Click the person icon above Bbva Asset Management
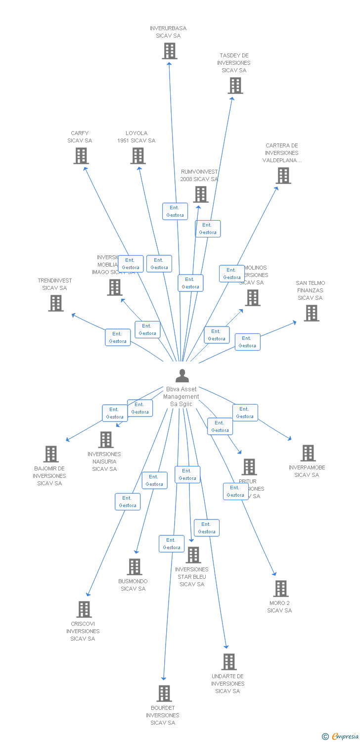click(x=182, y=376)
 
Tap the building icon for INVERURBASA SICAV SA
click(x=170, y=51)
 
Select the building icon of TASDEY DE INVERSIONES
click(x=235, y=86)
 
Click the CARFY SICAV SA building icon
click(x=81, y=156)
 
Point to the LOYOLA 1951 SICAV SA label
click(x=136, y=137)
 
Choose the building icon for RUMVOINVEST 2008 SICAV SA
click(x=201, y=194)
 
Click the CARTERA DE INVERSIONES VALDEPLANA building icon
click(x=283, y=176)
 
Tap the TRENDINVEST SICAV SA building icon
click(x=56, y=303)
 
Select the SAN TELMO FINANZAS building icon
click(x=311, y=313)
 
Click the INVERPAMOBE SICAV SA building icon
click(x=308, y=453)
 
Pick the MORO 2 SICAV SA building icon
click(x=281, y=589)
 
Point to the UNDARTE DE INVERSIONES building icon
click(x=228, y=662)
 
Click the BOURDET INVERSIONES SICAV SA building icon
click(x=164, y=694)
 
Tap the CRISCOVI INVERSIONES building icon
click(x=85, y=609)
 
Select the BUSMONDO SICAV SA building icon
click(x=135, y=567)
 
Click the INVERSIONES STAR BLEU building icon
click(x=193, y=555)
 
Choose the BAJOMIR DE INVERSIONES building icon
click(x=51, y=454)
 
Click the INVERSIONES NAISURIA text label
click(x=104, y=462)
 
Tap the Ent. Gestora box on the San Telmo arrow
click(x=247, y=342)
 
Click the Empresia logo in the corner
click(x=340, y=737)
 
